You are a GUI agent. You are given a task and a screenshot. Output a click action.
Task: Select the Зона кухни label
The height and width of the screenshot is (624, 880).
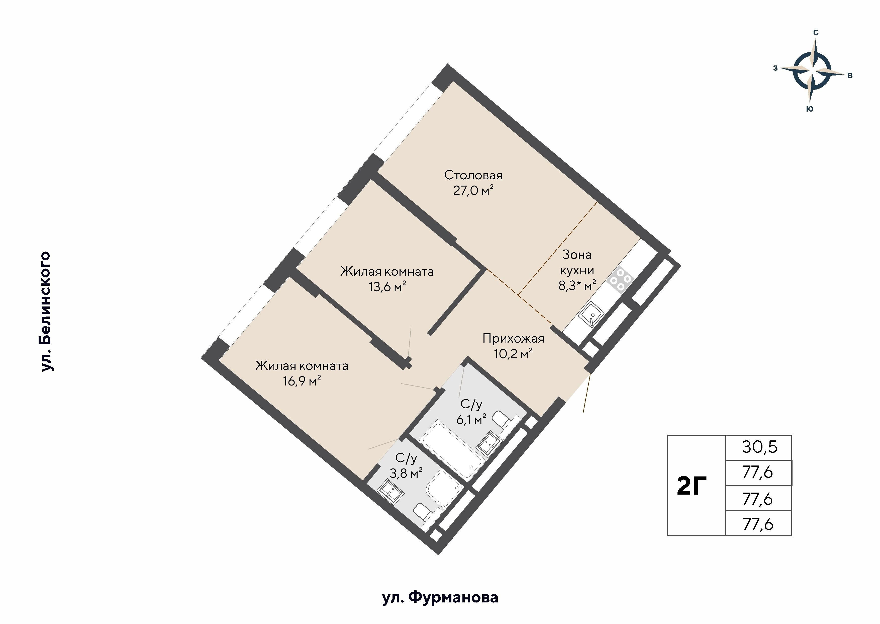click(x=577, y=262)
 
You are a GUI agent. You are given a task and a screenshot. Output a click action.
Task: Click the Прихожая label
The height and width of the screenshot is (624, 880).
click(x=513, y=339)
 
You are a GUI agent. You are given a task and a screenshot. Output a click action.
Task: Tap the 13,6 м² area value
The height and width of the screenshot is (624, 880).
click(x=387, y=287)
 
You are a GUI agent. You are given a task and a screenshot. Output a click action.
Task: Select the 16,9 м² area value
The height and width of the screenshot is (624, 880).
click(x=302, y=381)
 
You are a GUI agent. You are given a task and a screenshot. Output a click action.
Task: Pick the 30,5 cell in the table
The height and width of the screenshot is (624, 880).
click(x=759, y=447)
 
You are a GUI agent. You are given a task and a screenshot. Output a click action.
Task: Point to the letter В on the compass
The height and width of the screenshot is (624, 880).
click(x=850, y=76)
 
